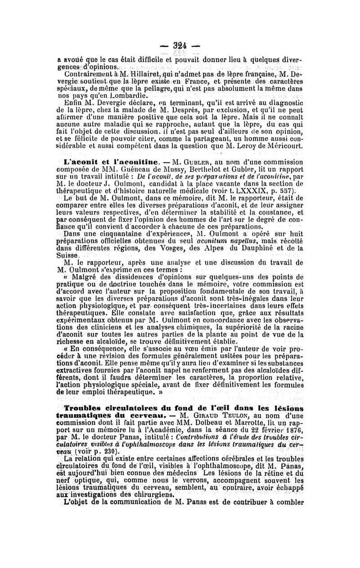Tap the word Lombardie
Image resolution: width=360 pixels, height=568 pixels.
(128, 96)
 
